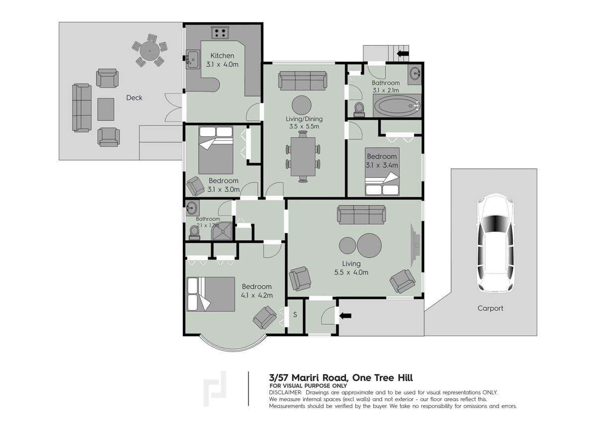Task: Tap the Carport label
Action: click(x=490, y=308)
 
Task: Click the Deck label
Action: click(x=134, y=97)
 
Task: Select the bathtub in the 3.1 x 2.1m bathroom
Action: click(x=397, y=105)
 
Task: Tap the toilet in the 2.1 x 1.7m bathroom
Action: click(x=194, y=232)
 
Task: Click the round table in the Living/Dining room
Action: click(x=302, y=105)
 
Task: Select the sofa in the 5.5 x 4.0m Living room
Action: click(x=361, y=215)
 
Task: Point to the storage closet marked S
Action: click(x=295, y=315)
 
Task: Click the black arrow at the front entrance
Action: click(x=345, y=315)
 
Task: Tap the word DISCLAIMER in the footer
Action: click(x=285, y=392)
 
